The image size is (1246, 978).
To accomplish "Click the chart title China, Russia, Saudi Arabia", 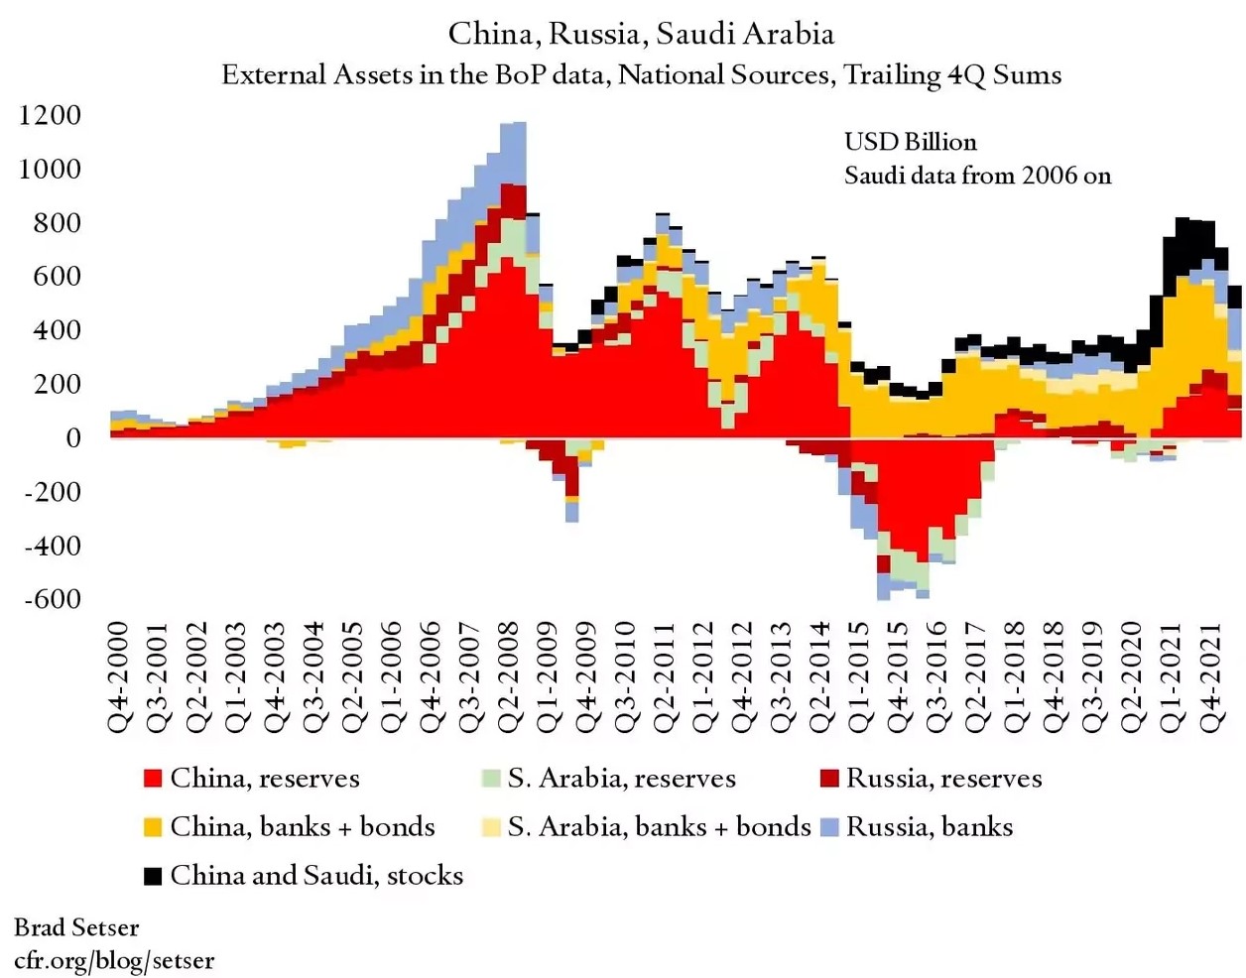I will click(641, 34).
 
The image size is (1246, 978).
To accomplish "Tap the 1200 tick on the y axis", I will click(50, 115).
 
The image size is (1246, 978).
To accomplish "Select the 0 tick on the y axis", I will click(72, 437).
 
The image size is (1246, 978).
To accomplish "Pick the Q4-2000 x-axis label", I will click(119, 676).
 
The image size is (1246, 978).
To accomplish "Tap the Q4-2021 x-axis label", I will click(1210, 676).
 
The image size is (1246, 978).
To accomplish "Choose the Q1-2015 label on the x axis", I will click(859, 676).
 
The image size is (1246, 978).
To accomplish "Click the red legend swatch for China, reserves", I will click(153, 778).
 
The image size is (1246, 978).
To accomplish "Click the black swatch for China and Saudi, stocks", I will click(153, 876).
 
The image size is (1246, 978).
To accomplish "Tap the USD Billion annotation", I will click(910, 142).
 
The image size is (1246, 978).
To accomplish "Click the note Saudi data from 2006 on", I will click(977, 176).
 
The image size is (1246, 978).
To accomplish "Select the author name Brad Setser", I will click(76, 927).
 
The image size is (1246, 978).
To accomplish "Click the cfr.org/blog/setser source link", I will click(114, 960).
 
